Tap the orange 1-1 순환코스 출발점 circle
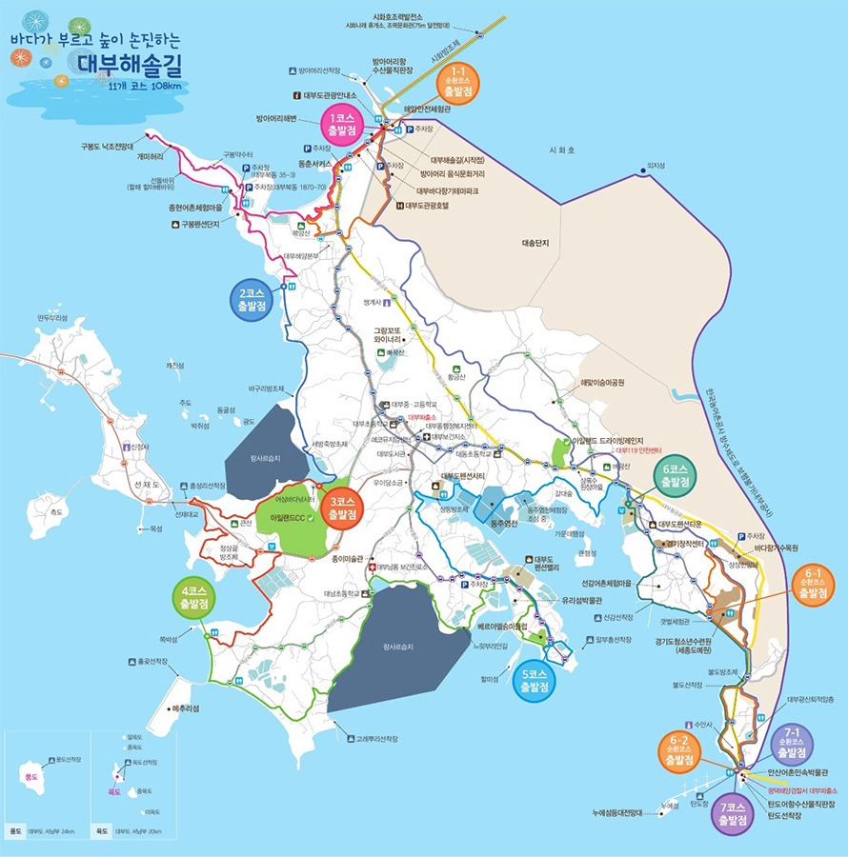[457, 84]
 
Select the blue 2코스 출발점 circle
[252, 301]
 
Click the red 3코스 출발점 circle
[340, 508]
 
